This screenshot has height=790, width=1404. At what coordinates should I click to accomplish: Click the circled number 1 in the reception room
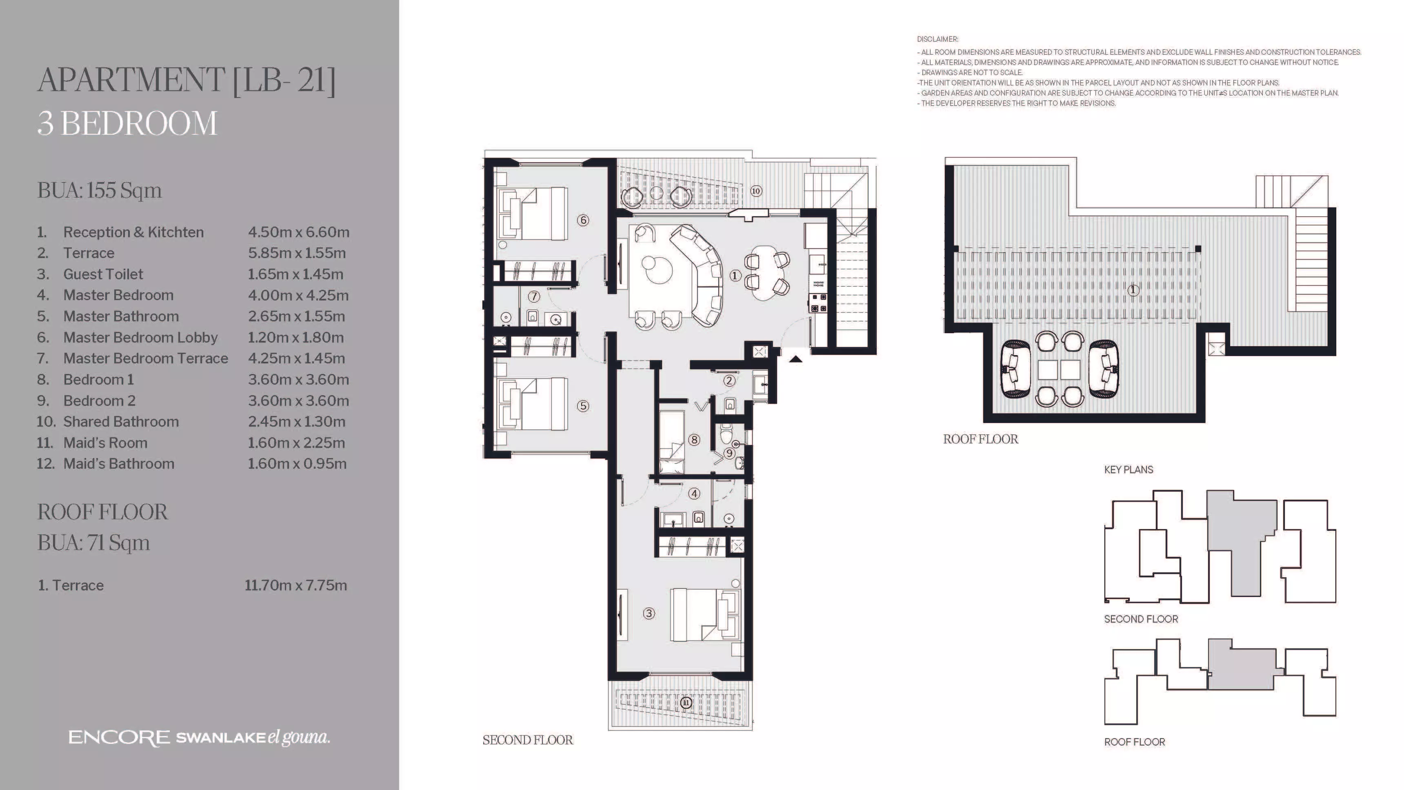click(735, 276)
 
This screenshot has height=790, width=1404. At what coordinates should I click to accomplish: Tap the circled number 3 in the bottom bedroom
click(649, 613)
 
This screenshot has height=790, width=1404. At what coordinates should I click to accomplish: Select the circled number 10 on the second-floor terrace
click(755, 191)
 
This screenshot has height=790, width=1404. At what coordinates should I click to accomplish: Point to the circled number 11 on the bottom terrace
click(686, 703)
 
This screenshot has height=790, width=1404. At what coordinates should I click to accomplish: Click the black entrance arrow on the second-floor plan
click(796, 359)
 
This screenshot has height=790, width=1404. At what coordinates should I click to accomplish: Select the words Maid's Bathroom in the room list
click(119, 464)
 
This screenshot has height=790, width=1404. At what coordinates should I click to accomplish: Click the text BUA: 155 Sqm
click(100, 191)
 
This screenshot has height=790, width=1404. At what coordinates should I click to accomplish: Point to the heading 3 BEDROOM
click(127, 123)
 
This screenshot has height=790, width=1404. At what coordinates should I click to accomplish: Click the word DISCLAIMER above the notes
click(937, 39)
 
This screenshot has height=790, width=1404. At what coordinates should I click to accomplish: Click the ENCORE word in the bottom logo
click(119, 738)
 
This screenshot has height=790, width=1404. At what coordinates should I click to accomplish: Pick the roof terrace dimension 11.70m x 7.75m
click(296, 585)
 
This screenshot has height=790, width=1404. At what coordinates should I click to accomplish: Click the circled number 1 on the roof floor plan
click(1133, 290)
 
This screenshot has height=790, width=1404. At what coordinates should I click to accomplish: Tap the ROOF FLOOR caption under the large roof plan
click(980, 439)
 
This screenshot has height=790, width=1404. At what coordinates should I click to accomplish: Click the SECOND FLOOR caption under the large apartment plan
click(528, 740)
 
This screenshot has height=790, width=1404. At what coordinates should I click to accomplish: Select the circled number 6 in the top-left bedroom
click(583, 220)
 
